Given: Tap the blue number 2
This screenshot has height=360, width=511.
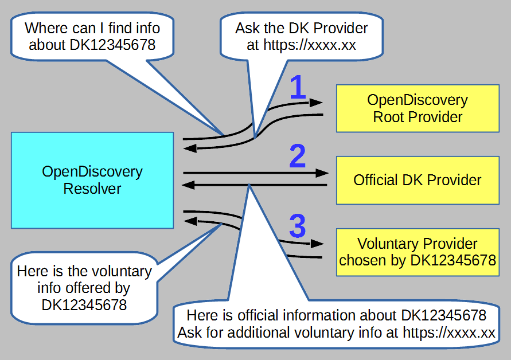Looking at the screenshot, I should pos(297,156).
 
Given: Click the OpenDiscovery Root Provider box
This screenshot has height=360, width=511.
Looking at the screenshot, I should pos(418,108).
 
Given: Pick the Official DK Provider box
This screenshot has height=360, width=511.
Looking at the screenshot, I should pos(418,180).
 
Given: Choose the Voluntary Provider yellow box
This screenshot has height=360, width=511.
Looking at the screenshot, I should pos(418,252).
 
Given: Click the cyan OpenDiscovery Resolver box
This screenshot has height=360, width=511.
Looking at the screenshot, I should pos(92,180).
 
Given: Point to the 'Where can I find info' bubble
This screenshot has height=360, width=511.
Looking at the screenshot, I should pos(92,36).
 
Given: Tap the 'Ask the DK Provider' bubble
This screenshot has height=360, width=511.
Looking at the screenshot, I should pos(302,36).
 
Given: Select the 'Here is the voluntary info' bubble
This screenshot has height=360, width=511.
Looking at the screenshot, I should pos(84,288).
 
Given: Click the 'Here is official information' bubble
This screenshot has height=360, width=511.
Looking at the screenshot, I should pos(337,323).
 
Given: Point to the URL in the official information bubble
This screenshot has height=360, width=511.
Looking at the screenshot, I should pos(449,332).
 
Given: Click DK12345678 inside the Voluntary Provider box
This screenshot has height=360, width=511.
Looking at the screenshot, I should pos(453,260).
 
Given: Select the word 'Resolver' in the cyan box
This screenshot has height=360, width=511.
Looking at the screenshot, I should pos(92,189).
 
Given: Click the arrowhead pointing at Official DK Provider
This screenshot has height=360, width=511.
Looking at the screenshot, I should pos(323,173).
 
